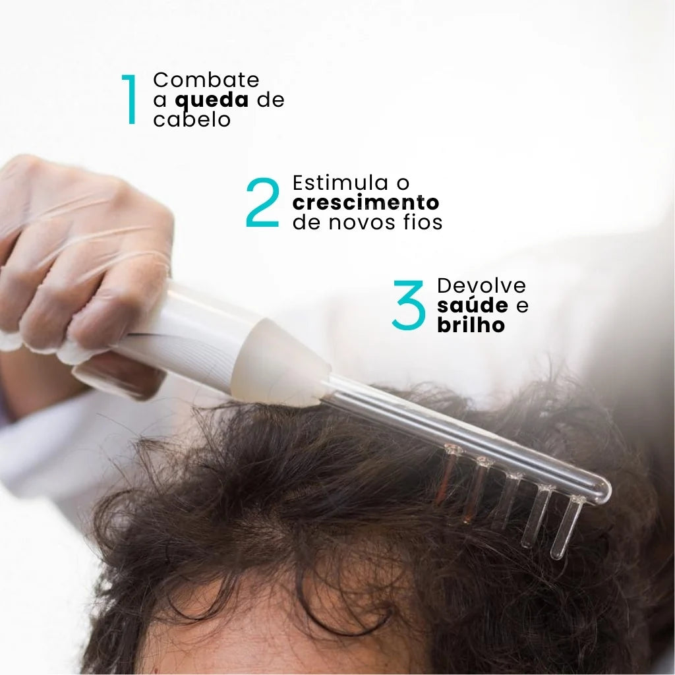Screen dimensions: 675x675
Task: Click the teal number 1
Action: pos(130,100)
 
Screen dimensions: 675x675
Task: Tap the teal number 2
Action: pos(262,202)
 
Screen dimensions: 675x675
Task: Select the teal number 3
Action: pos(409,305)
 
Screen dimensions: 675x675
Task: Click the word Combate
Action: pos(206,80)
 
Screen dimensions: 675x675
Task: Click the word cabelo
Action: pos(192,120)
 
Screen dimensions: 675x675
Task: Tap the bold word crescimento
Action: pos(366,202)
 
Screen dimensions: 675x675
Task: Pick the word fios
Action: pos(422,223)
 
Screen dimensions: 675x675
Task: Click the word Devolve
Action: pos(482,285)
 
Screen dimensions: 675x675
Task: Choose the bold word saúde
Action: pos(473,306)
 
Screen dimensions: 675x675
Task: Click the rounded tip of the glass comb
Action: pos(601,491)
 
